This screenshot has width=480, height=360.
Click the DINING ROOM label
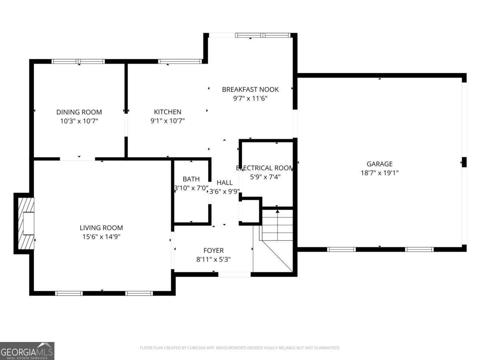(x=79, y=112)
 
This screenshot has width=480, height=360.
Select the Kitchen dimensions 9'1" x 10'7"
(x=168, y=120)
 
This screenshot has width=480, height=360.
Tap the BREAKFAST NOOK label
(x=250, y=89)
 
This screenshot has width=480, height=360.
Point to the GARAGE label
(x=379, y=164)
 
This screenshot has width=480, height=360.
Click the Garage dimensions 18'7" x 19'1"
(x=379, y=173)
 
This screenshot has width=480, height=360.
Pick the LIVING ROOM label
(x=101, y=228)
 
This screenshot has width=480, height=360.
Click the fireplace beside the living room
(x=25, y=223)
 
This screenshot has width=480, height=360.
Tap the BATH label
(x=191, y=179)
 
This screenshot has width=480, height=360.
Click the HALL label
(x=224, y=182)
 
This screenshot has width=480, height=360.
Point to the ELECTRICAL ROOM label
(x=265, y=168)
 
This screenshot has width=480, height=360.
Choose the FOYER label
(x=213, y=250)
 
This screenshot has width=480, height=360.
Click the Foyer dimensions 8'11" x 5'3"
(x=213, y=259)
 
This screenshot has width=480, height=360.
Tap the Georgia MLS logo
(x=27, y=351)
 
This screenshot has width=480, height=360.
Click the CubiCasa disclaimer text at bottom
(x=240, y=348)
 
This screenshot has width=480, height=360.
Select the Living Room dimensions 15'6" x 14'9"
(x=101, y=236)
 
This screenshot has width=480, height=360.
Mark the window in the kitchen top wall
(x=180, y=62)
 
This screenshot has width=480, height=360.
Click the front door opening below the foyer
(x=234, y=274)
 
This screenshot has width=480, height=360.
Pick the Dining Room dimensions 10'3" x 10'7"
(x=79, y=120)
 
